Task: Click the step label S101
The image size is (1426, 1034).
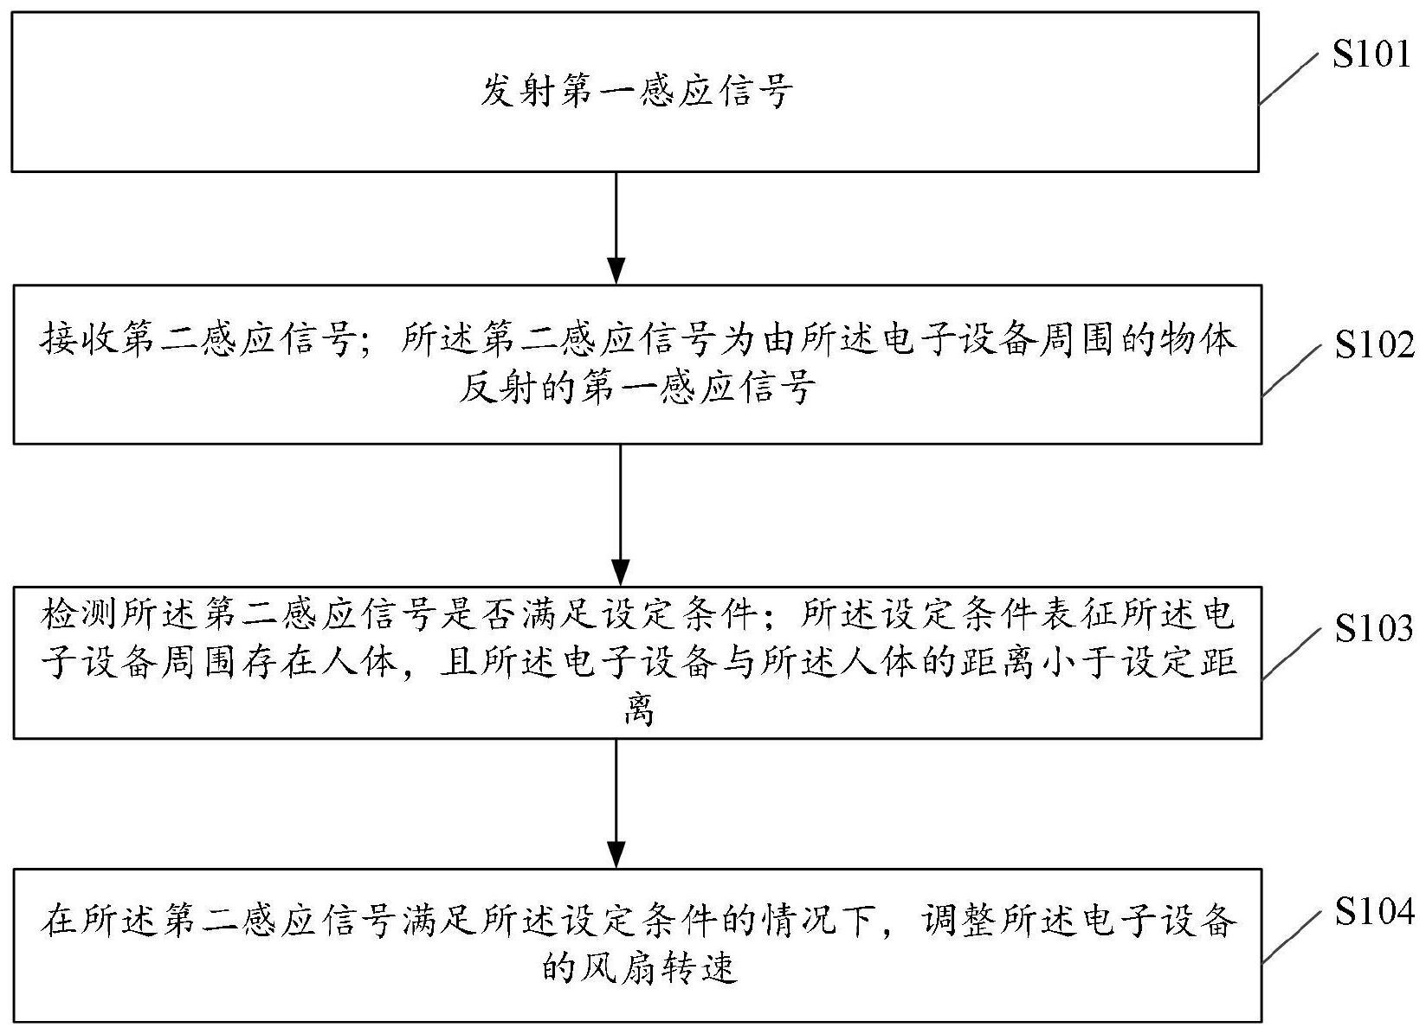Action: click(1371, 55)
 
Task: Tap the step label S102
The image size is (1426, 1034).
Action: click(1374, 344)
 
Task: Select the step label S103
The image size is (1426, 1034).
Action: click(1374, 628)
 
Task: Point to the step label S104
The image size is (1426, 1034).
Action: click(1374, 910)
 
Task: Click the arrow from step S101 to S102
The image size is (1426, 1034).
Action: click(616, 228)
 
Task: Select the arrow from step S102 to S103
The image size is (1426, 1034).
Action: click(619, 515)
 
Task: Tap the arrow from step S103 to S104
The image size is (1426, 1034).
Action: click(616, 803)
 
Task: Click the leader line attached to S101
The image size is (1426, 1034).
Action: click(1289, 78)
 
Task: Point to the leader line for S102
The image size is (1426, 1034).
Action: click(1292, 369)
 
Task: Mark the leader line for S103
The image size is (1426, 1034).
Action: click(1292, 653)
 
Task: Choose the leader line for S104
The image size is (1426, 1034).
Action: click(1292, 936)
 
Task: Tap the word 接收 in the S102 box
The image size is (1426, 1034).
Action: click(78, 339)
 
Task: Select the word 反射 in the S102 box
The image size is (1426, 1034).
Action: click(497, 387)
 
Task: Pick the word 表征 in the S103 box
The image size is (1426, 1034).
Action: click(1078, 614)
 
